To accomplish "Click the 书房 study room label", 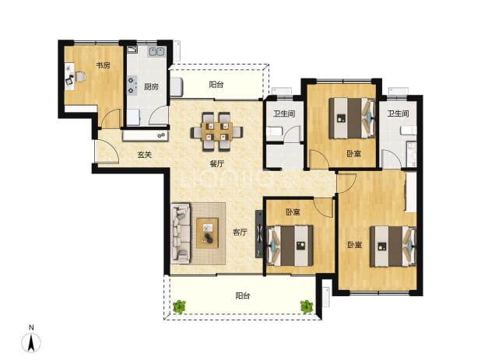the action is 103,65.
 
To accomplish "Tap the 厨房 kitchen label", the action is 151,87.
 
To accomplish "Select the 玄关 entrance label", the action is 145,155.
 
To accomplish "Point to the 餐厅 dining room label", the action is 217,164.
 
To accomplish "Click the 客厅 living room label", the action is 240,232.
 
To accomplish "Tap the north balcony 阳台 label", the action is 216,84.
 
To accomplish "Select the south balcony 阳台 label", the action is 243,295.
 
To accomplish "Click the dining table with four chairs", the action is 216,132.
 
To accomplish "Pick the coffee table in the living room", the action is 207,233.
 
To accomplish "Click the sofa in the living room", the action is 181,233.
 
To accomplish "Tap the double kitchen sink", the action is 156,51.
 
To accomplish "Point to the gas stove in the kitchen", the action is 132,85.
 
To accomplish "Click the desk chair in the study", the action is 80,77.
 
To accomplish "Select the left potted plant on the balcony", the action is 179,306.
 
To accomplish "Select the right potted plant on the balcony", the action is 306,306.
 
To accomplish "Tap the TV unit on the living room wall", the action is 259,234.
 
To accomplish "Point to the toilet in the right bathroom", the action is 409,130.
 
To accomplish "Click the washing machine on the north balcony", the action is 177,87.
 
